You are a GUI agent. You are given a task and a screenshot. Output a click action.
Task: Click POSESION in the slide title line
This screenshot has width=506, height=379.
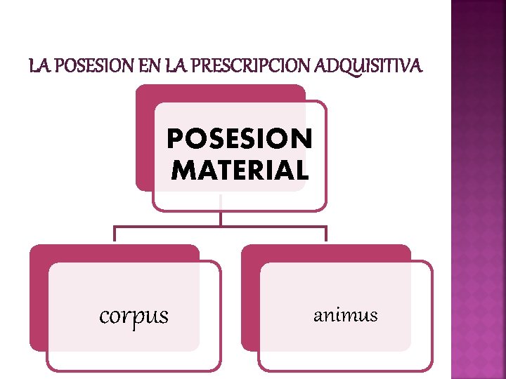[x=97, y=67]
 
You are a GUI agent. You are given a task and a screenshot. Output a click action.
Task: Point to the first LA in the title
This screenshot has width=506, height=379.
[x=39, y=67]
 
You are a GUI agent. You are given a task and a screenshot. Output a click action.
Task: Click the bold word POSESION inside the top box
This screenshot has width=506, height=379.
[x=239, y=140]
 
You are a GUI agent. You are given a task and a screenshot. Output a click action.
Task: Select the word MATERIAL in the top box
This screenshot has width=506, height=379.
[x=239, y=170]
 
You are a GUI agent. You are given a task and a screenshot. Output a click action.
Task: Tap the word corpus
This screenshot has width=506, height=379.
[x=134, y=316]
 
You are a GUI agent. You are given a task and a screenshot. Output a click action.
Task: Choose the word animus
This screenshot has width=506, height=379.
[x=345, y=315]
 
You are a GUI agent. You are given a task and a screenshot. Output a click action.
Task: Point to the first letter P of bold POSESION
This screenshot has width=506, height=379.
[x=174, y=140]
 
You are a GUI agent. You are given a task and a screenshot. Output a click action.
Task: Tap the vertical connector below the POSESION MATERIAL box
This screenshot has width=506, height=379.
[x=220, y=218]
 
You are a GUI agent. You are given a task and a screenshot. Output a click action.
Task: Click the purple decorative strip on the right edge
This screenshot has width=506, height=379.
[x=478, y=189]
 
